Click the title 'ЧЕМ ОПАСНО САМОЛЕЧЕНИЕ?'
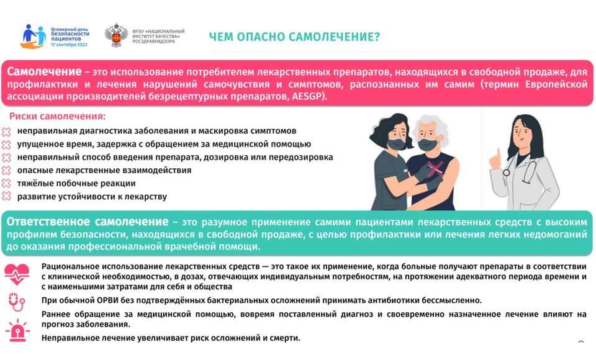pyautogui.click(x=294, y=37)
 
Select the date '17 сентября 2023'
pyautogui.click(x=69, y=45)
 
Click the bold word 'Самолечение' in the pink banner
pyautogui.click(x=44, y=71)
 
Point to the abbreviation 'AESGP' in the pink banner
pyautogui.click(x=308, y=96)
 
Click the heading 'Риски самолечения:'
pyautogui.click(x=57, y=116)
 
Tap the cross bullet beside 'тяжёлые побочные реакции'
pyautogui.click(x=6, y=183)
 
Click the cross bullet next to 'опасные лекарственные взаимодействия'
pyautogui.click(x=6, y=170)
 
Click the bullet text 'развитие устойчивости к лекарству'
pyautogui.click(x=92, y=197)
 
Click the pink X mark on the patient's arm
pyautogui.click(x=435, y=168)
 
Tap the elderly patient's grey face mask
pyautogui.click(x=429, y=145)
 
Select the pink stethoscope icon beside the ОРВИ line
pyautogui.click(x=17, y=302)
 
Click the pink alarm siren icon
pyautogui.click(x=17, y=330)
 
